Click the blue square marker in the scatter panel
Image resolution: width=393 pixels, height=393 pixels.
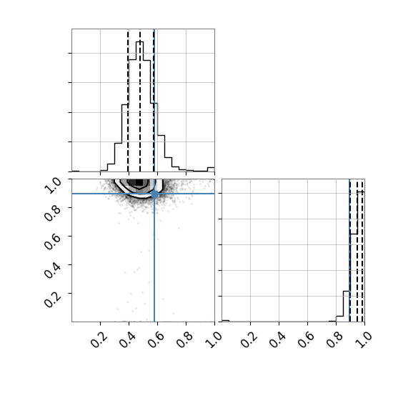point(154,194)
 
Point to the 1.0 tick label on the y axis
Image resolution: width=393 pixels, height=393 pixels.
point(53,185)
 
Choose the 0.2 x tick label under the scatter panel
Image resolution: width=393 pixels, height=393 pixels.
point(99,339)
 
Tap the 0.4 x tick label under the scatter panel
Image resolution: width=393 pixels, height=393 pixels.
point(128,339)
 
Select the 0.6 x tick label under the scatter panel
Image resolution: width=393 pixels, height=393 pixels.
point(156,339)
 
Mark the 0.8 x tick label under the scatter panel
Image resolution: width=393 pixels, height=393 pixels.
point(185,339)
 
